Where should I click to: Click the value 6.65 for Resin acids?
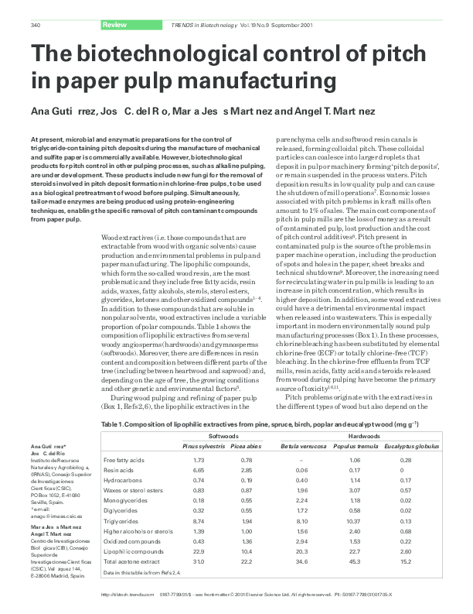coord(197,470)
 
